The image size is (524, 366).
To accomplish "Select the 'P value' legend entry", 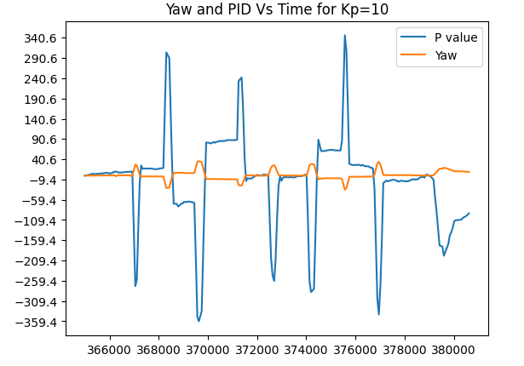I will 456,37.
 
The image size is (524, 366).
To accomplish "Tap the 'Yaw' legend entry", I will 446,54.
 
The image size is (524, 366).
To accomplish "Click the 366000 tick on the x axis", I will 110,349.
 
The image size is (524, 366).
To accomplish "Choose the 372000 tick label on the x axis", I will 256,349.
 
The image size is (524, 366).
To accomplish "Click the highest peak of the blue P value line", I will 345,36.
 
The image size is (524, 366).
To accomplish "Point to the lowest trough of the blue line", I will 199,321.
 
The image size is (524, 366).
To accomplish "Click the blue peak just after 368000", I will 167,53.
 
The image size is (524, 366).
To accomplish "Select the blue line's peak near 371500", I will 241,77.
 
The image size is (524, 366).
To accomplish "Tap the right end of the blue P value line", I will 469,213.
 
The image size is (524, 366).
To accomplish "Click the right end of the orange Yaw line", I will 469,172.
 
